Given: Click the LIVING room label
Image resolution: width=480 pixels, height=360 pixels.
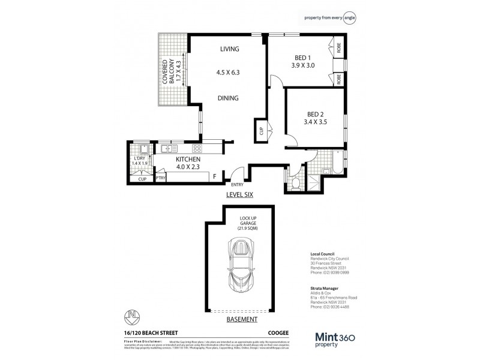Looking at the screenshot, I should pyautogui.click(x=229, y=49).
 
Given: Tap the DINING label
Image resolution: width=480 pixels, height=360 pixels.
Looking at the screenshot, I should pyautogui.click(x=229, y=98).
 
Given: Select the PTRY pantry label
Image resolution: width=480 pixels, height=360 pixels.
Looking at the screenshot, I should pyautogui.click(x=161, y=178).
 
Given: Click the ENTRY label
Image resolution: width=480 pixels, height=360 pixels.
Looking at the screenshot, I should pyautogui.click(x=238, y=185).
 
